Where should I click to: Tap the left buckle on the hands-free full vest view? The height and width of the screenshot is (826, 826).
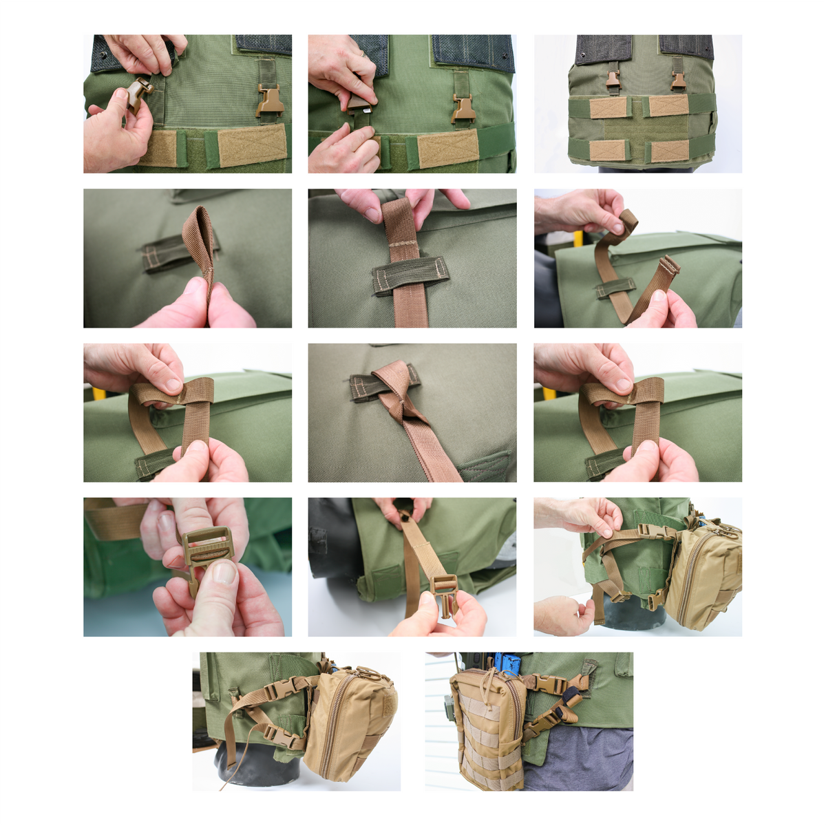613,81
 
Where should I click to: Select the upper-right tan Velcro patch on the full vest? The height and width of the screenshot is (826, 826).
668,105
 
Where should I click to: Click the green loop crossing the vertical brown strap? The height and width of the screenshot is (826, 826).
411,275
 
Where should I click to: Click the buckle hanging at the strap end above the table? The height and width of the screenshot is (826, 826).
443,593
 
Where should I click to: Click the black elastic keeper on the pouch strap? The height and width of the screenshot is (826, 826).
571,699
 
